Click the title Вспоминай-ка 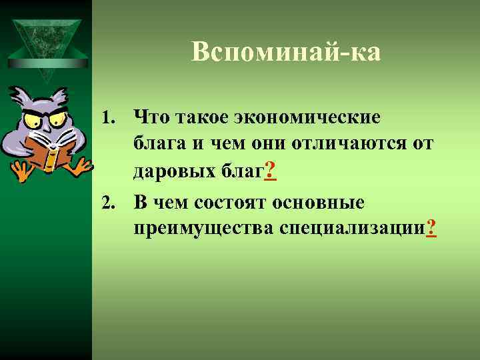coord(286,51)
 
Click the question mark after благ coord(270,172)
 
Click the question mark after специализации coord(431,229)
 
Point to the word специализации coord(352,229)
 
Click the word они coord(260,144)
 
